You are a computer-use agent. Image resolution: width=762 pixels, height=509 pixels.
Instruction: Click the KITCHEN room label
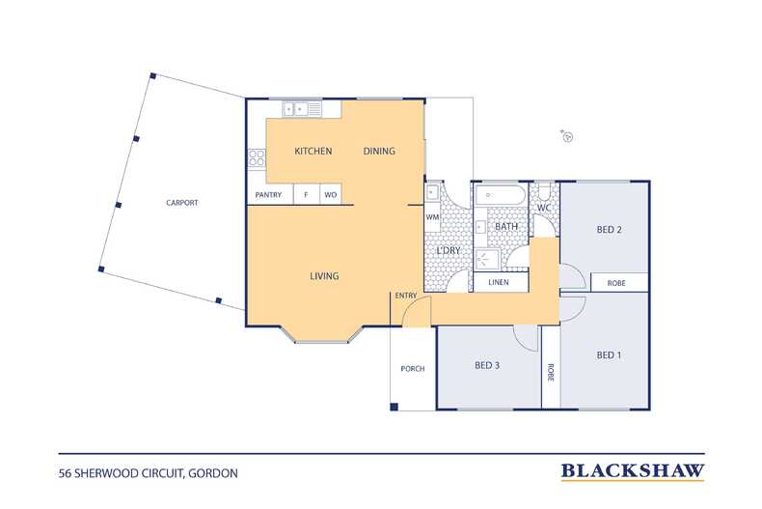coord(313,152)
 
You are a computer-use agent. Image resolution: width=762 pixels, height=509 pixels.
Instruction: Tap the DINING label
coord(379,152)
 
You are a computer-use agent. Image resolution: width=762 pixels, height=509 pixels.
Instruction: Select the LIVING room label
coord(324,276)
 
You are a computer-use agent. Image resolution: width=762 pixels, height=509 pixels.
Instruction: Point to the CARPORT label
coord(181,203)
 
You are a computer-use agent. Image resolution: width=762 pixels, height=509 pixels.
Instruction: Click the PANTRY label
coord(268,195)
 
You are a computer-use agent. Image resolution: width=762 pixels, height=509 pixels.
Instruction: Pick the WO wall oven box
coord(331,195)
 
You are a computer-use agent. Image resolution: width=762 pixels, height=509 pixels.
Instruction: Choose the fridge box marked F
coord(306,195)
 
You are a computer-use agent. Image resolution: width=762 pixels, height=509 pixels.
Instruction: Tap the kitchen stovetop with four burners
coord(257,158)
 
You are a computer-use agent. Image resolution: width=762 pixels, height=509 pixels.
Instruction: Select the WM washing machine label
coord(432,217)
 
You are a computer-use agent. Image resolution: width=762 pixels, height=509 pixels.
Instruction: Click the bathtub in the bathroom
coord(500,196)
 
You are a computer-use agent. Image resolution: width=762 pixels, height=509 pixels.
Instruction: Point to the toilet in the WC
coord(544,192)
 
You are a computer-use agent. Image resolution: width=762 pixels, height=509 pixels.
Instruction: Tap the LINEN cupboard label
coord(498,282)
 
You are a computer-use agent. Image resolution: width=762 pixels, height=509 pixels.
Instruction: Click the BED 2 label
coord(609,229)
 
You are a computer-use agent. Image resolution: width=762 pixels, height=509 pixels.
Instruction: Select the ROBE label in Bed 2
coord(616,283)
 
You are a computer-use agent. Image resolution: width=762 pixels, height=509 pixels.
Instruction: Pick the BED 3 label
coord(487,365)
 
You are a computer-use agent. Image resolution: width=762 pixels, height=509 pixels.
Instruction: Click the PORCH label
coord(413,369)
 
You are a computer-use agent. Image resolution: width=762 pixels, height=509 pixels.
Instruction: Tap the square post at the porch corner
coord(395,407)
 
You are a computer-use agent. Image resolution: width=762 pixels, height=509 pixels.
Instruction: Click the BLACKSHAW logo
coord(633,471)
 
